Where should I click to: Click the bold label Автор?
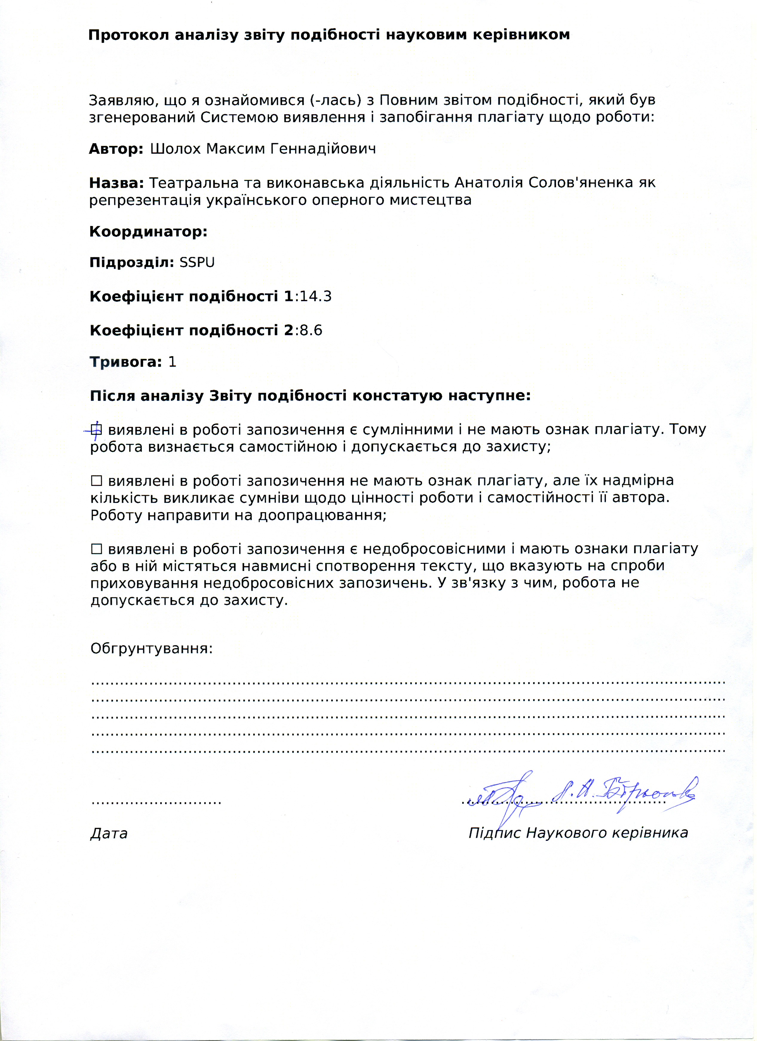(x=116, y=149)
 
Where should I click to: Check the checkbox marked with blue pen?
(x=96, y=429)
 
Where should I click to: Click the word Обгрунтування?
(x=152, y=649)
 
